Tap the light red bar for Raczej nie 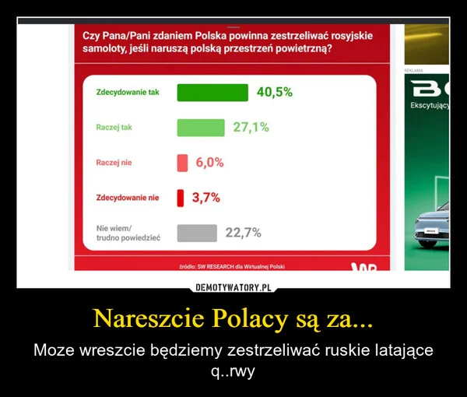(183, 162)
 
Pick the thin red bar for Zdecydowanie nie (180, 197)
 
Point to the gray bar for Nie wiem (196, 232)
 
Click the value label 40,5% (274, 92)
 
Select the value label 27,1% (251, 127)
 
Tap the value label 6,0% (209, 162)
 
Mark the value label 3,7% (205, 197)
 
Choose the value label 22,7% (242, 232)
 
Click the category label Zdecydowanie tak (127, 93)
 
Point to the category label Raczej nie (114, 162)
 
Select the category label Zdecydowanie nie (127, 198)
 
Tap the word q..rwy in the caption (233, 371)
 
